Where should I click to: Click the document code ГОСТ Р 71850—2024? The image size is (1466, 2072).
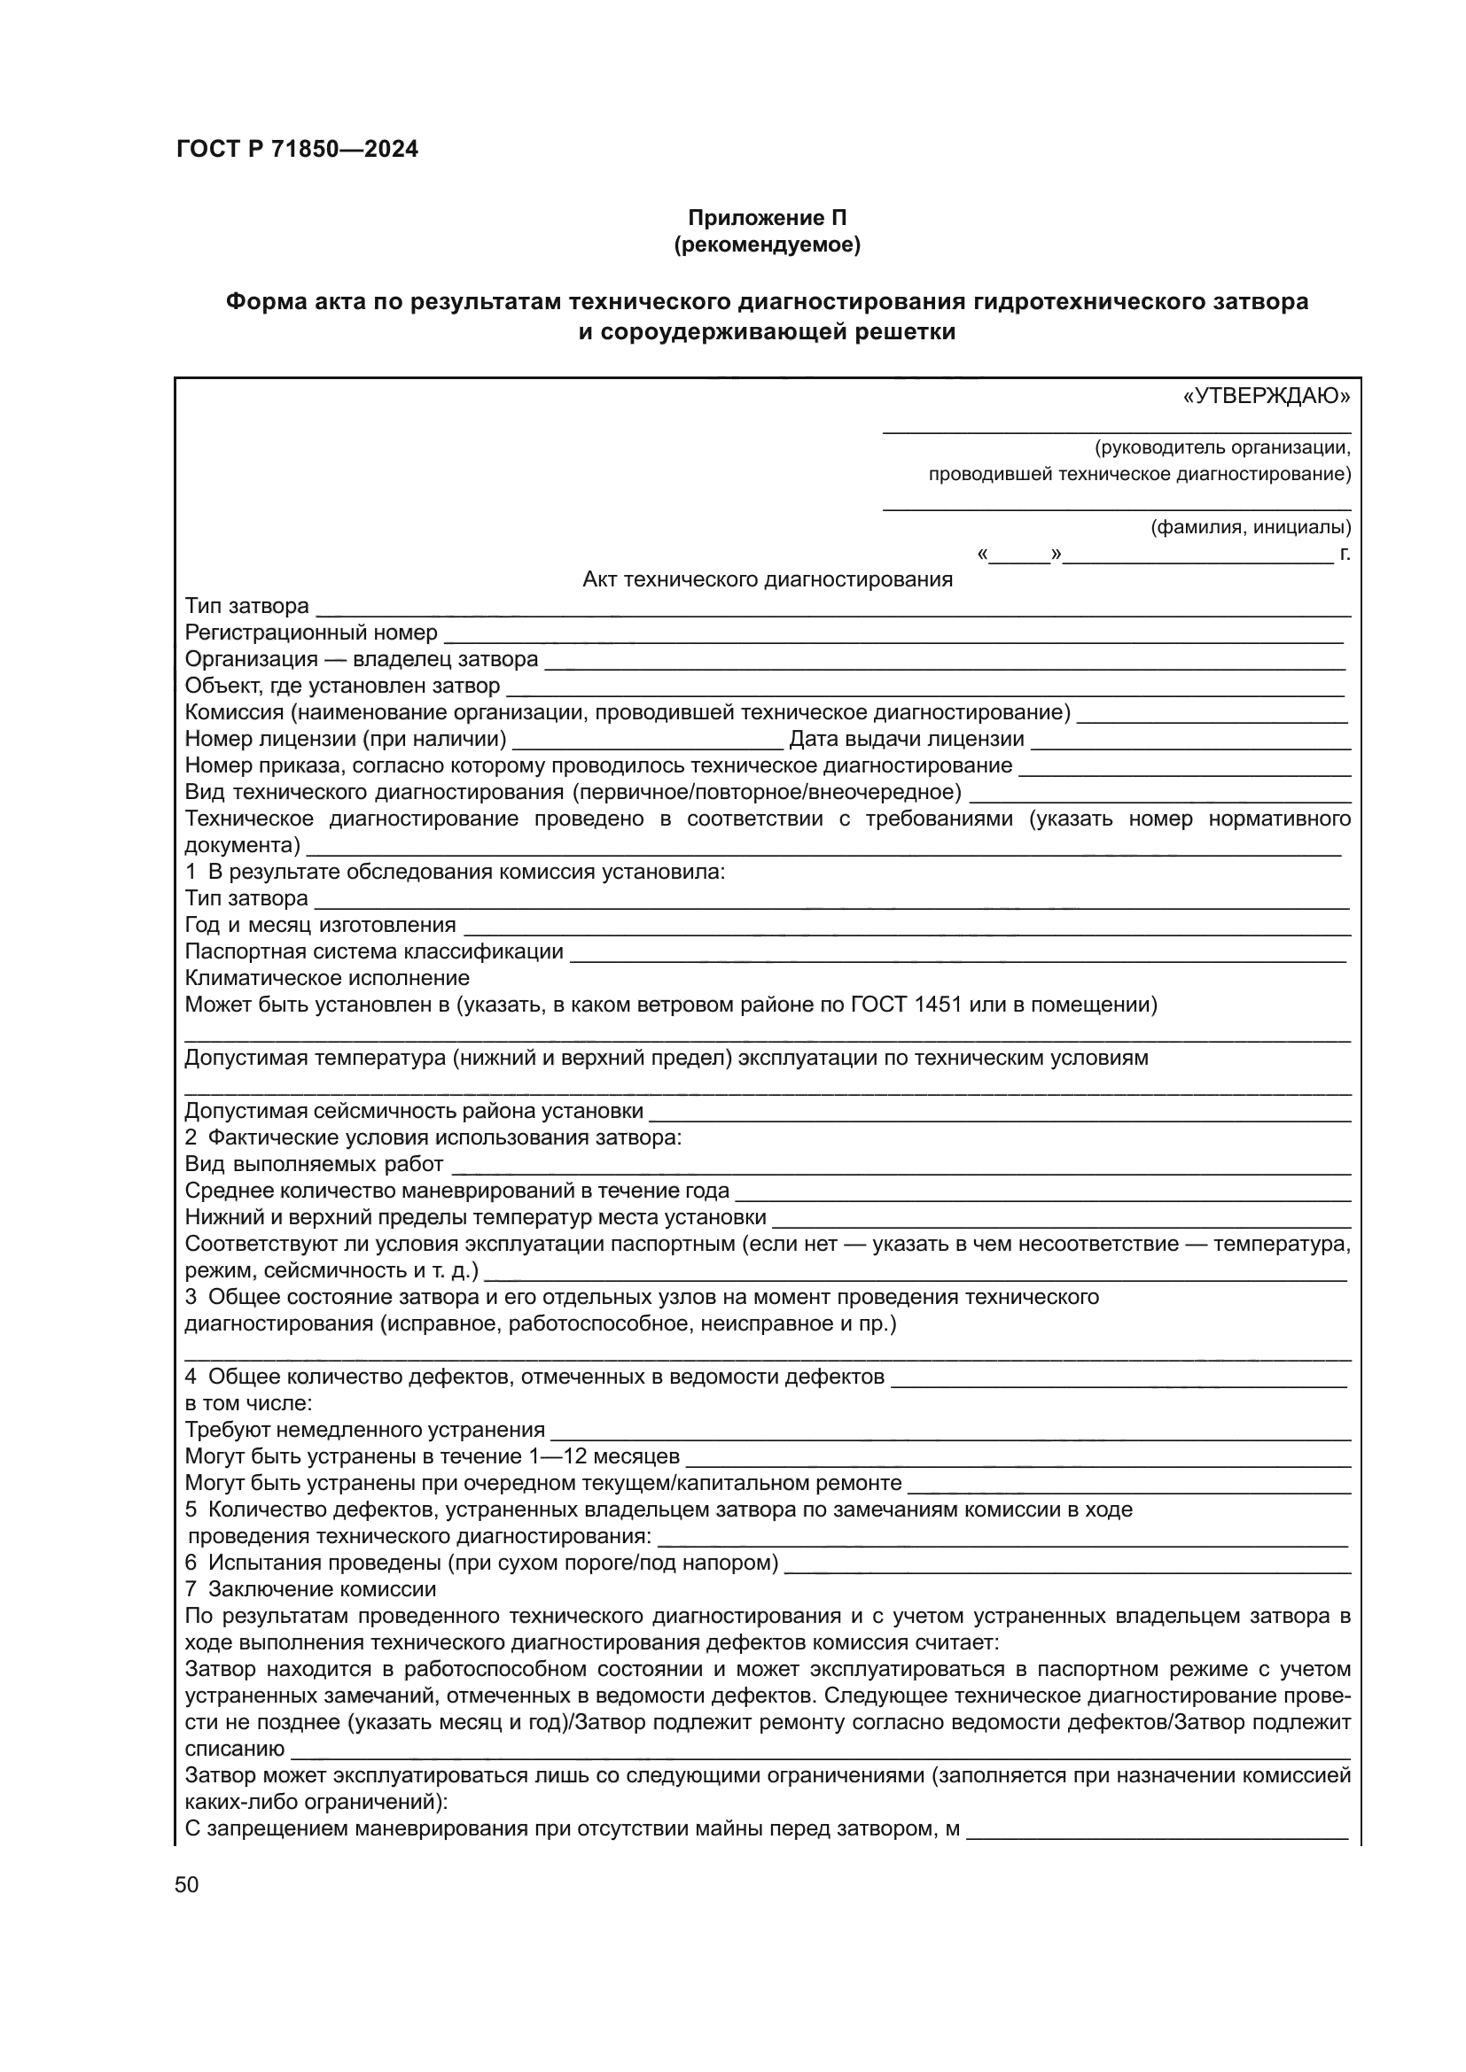(297, 149)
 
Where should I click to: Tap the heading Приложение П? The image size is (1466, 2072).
(768, 218)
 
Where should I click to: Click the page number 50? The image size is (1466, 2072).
(187, 1884)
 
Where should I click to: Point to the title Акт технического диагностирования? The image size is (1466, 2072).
(768, 579)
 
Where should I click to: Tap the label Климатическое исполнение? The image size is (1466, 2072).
(327, 978)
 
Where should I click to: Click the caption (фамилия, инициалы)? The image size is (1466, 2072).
(1251, 527)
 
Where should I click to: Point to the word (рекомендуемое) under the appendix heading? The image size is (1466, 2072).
(768, 244)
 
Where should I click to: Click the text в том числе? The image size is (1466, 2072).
(249, 1403)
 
